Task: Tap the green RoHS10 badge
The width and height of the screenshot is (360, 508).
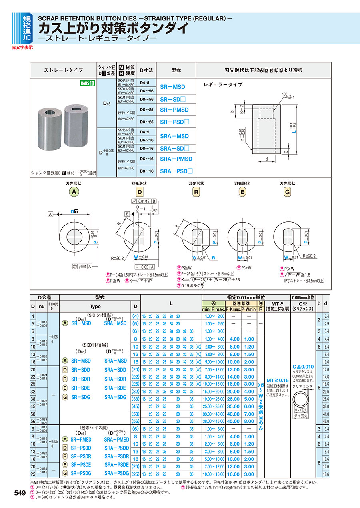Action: [87, 83]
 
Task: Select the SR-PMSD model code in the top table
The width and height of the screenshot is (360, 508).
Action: [174, 110]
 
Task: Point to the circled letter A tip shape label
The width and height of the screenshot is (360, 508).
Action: [73, 192]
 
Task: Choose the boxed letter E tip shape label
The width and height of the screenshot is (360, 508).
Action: [242, 192]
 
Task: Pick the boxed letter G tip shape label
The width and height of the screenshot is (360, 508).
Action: [287, 192]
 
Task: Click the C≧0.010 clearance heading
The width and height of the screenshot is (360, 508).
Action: [303, 367]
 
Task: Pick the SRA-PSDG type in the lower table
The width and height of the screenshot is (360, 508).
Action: [116, 473]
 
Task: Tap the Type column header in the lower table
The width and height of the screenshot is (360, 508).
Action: [95, 306]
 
